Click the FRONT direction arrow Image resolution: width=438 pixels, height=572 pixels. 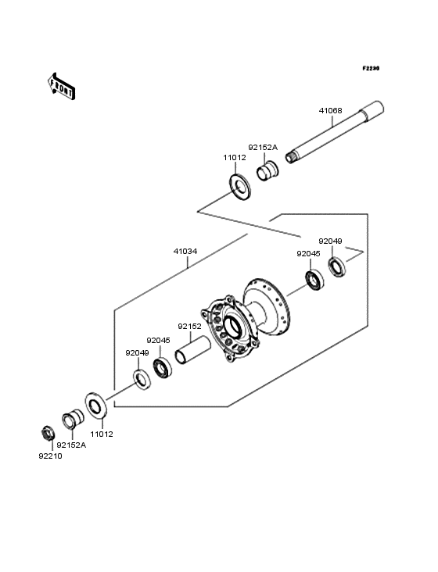coord(61,87)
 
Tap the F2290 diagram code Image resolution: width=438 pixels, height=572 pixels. coord(371,68)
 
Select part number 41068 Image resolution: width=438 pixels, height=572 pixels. coord(331,110)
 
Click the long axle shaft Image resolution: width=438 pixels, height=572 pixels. coord(334,132)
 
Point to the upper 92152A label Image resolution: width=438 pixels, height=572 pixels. coord(263,148)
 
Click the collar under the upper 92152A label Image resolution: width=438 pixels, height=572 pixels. coord(267,170)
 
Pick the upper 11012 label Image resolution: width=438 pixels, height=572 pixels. coord(235,158)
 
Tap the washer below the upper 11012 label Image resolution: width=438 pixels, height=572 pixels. coord(240,187)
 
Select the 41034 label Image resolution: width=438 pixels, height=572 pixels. coord(185,251)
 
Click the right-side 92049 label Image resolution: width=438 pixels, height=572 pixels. coord(330,241)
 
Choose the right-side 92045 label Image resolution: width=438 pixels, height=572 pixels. coord(308,253)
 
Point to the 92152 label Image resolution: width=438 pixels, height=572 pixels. coord(189,326)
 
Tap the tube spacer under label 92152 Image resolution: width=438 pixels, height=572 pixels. coord(192,351)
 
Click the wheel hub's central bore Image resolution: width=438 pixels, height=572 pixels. coord(232,327)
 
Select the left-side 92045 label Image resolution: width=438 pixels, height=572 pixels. coord(159,341)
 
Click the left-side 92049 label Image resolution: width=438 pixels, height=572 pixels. coord(137,352)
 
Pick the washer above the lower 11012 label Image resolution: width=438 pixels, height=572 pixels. coord(96,405)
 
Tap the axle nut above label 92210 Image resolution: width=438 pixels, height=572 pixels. coord(48,433)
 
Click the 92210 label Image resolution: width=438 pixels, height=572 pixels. coord(50,456)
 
